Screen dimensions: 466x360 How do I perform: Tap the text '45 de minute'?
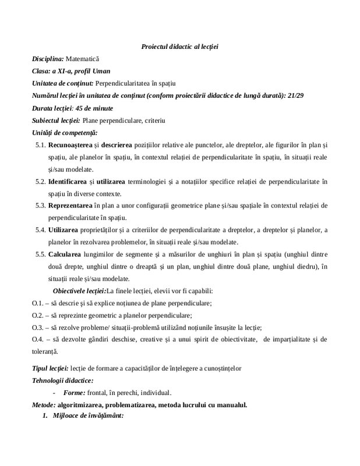click(94, 108)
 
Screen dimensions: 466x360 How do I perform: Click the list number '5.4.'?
click(40, 231)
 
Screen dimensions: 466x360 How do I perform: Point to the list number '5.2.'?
click(40, 182)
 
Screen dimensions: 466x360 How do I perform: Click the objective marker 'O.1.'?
click(38, 303)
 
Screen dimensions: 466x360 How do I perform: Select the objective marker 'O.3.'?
click(38, 327)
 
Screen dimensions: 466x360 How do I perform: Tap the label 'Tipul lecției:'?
click(50, 369)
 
